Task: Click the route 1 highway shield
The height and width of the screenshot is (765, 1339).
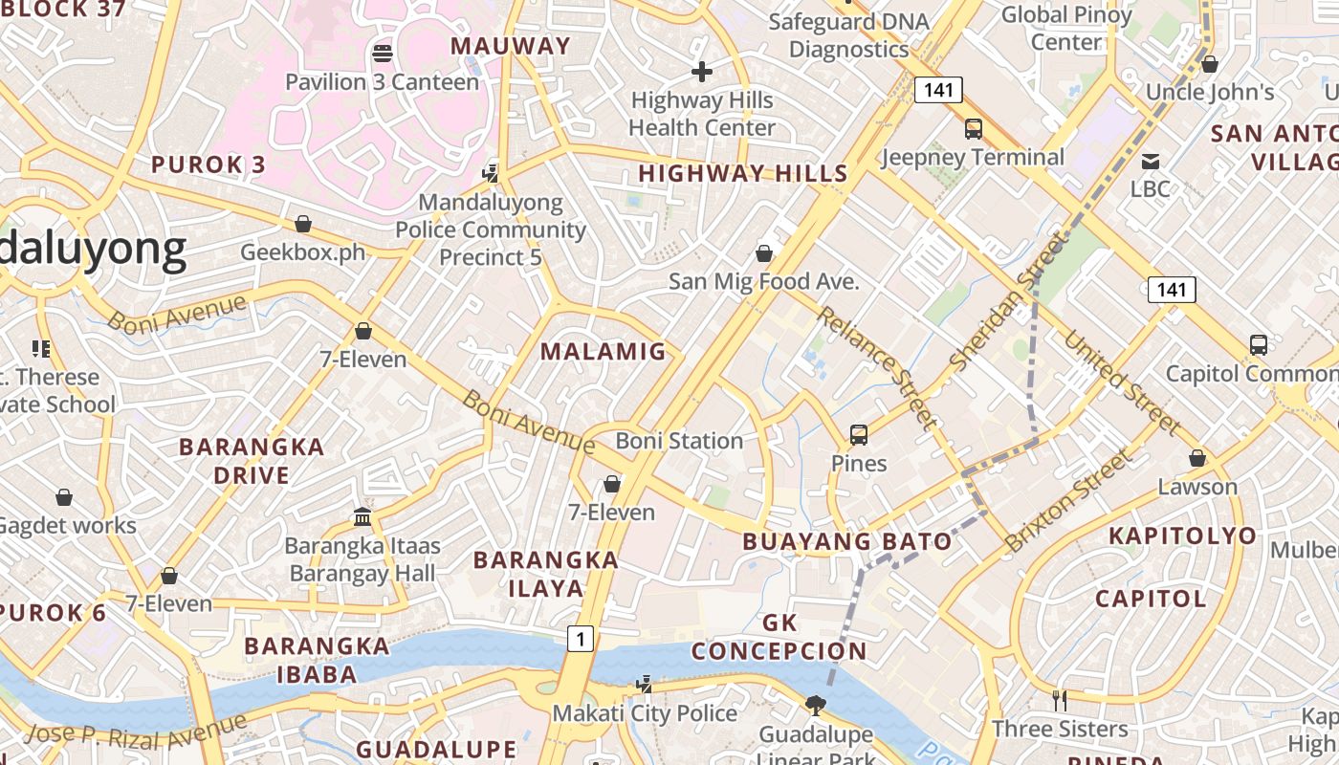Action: point(580,638)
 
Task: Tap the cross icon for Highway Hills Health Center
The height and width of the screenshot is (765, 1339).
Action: point(702,71)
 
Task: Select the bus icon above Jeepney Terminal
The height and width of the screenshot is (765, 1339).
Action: point(973,128)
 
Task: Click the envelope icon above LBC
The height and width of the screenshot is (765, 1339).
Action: point(1150,161)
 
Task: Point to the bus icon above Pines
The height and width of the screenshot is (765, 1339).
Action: point(858,435)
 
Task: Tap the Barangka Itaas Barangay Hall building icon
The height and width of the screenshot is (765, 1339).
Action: point(362,517)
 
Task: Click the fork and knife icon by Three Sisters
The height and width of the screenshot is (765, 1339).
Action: point(1059,701)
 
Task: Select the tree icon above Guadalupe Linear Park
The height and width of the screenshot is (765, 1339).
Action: point(816,706)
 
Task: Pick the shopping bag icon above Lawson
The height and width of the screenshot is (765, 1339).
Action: point(1196,458)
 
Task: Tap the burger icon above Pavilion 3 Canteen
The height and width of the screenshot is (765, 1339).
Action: point(383,53)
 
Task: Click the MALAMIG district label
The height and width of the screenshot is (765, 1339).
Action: point(603,351)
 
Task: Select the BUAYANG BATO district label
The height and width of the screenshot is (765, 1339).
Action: point(847,541)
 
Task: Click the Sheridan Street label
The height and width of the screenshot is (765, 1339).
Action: point(1008,301)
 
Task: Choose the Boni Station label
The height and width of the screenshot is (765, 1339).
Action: point(679,441)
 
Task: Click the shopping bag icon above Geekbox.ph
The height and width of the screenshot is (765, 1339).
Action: point(303,224)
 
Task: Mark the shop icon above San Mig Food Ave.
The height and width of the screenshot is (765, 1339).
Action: point(763,252)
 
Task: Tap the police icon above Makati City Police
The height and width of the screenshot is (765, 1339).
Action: point(645,685)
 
